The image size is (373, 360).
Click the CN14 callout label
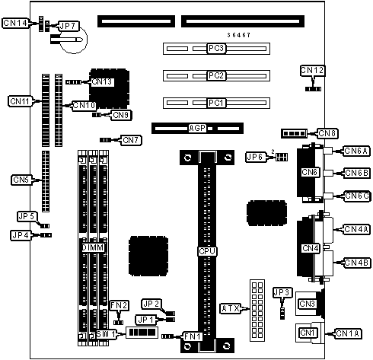[x=15, y=23]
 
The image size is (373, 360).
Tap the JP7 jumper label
[x=68, y=26]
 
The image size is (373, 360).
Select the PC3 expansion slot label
[x=216, y=48]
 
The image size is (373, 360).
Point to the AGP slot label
[x=197, y=128]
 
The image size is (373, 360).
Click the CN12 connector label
[x=312, y=70]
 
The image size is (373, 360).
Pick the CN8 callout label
[x=327, y=133]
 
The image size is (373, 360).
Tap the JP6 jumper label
[x=256, y=157]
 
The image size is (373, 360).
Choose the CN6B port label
[x=356, y=173]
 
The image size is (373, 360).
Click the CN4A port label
[x=356, y=229]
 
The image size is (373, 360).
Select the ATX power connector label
[x=231, y=308]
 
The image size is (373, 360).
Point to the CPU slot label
[x=207, y=251]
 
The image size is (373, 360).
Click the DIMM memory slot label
[x=93, y=247]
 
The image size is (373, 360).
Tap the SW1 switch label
[x=107, y=334]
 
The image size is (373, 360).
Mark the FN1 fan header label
[x=193, y=336]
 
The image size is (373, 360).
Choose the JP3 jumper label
[x=282, y=292]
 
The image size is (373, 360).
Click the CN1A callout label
[x=348, y=333]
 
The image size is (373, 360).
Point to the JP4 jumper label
[x=21, y=235]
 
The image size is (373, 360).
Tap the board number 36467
[x=238, y=35]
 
